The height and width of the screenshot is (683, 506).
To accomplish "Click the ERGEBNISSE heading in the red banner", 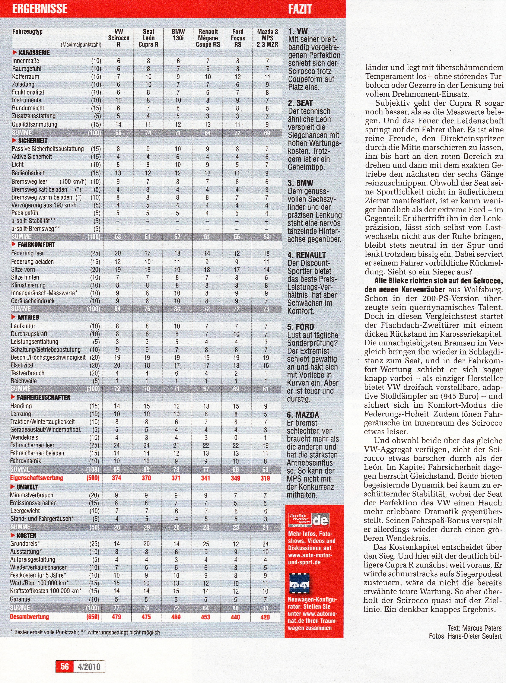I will coord(40,9).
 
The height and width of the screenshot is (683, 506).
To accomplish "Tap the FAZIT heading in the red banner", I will coord(300,9).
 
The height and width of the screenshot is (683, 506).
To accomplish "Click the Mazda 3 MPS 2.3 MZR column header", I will coord(267,38).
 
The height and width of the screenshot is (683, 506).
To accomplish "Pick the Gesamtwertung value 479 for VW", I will coord(116,617).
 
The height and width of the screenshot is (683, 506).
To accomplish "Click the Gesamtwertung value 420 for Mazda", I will coord(265,617).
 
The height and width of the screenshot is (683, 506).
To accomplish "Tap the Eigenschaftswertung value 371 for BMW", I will coord(176,478).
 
